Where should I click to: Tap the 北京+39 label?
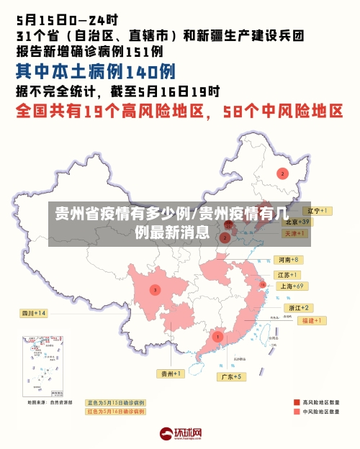tap(295, 222)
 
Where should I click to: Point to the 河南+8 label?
tap(287, 259)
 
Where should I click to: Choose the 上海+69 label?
tap(292, 286)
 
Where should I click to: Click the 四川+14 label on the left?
tap(33, 313)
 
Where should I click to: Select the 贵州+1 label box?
tap(171, 373)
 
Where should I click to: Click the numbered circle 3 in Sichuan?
tap(154, 289)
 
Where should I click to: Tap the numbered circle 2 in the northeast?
tap(282, 173)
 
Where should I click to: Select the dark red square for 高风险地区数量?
tap(296, 402)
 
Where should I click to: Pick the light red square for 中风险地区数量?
tap(296, 412)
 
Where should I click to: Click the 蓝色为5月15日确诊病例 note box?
tap(115, 402)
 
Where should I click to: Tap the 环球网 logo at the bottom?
tap(180, 434)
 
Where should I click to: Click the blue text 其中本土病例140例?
tap(95, 72)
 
